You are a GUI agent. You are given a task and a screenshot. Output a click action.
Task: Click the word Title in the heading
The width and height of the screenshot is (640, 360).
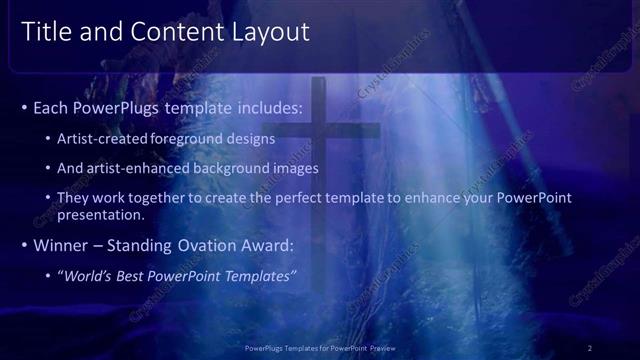(44, 32)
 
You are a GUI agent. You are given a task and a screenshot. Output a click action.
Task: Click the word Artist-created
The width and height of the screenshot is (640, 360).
(104, 139)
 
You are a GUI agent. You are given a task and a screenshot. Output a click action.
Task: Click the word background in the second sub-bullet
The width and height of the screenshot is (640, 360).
(227, 168)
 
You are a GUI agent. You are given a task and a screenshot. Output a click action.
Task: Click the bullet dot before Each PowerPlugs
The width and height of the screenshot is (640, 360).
(24, 107)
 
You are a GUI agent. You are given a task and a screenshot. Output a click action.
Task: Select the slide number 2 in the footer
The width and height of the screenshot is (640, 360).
(590, 347)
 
